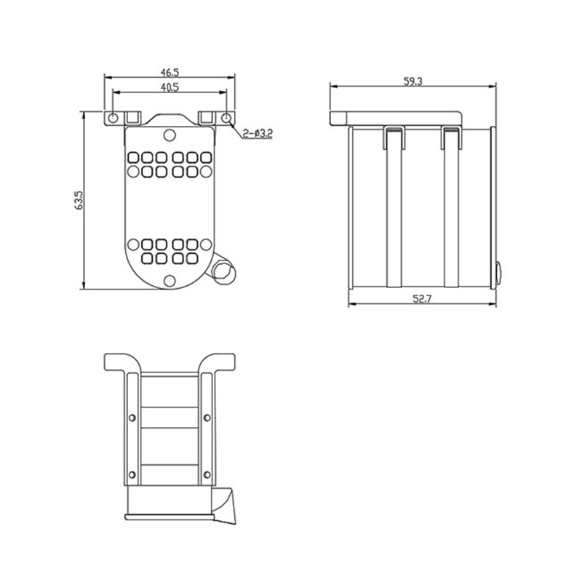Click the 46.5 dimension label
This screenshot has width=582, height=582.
pyautogui.click(x=170, y=71)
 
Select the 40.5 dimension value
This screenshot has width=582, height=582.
pyautogui.click(x=170, y=87)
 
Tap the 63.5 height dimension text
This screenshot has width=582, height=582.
pyautogui.click(x=79, y=201)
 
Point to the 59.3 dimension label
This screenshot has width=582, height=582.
pyautogui.click(x=413, y=81)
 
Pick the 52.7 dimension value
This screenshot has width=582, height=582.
pyautogui.click(x=422, y=299)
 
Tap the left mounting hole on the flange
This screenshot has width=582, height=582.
pyautogui.click(x=113, y=118)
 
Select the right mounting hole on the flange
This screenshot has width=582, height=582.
pyautogui.click(x=226, y=118)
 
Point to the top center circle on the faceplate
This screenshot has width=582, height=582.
pyautogui.click(x=170, y=135)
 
